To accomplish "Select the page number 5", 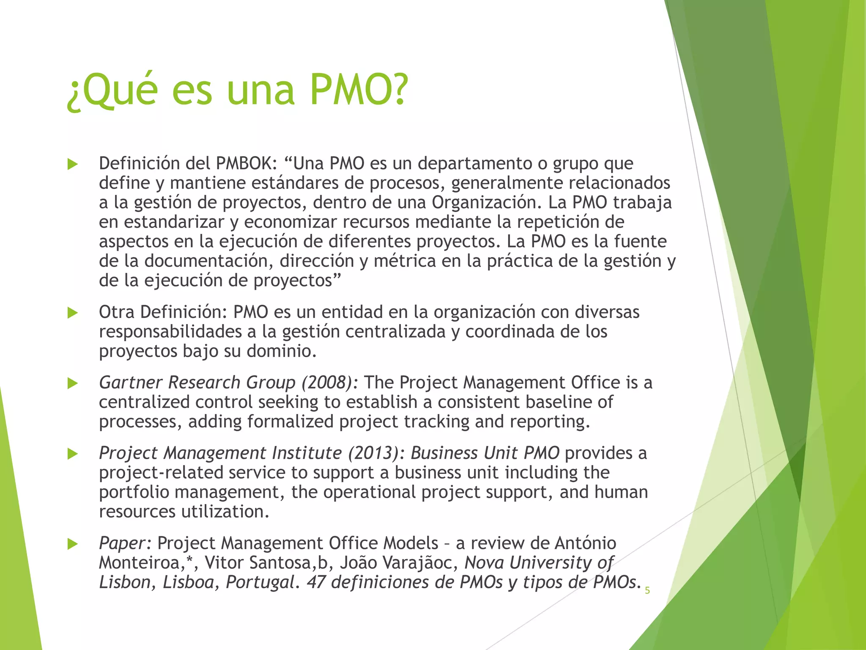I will (x=647, y=591).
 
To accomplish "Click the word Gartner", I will (x=131, y=383).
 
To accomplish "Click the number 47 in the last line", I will (x=315, y=582).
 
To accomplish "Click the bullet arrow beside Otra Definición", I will (x=73, y=313).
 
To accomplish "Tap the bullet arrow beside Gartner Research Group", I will (x=73, y=383).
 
